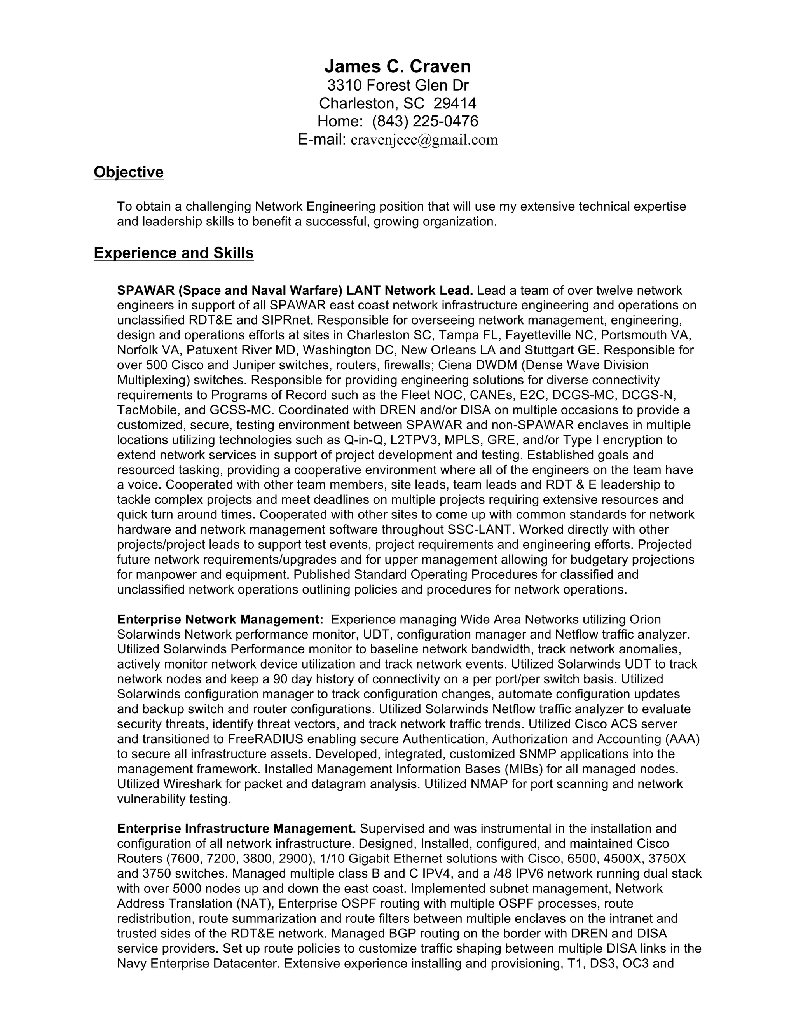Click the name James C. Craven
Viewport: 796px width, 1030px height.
(x=398, y=66)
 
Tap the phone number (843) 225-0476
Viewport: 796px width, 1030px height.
(x=425, y=121)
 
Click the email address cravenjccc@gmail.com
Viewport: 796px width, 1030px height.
(x=424, y=140)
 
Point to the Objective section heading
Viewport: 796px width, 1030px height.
(x=128, y=172)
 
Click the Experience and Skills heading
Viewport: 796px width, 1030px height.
(x=173, y=253)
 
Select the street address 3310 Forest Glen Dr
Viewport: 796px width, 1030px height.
(x=398, y=86)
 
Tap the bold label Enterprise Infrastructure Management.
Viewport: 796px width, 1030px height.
(x=236, y=829)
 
